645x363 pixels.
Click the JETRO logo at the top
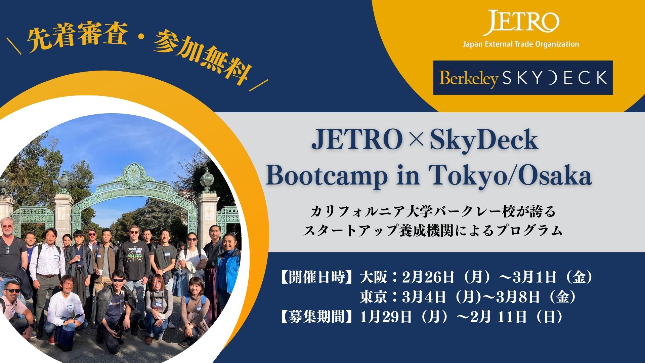[521, 23]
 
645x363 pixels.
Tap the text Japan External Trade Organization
[521, 44]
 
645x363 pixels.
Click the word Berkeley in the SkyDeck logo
[469, 79]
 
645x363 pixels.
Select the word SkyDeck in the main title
[484, 141]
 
